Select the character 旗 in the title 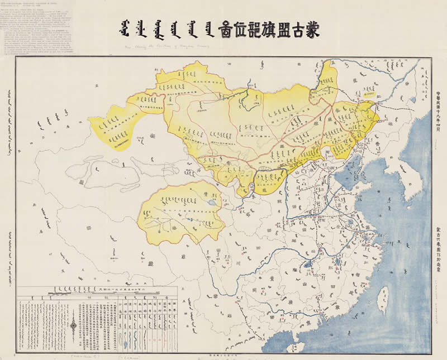coord(270,28)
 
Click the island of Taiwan coord(383,299)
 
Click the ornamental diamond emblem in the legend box coord(75,324)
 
